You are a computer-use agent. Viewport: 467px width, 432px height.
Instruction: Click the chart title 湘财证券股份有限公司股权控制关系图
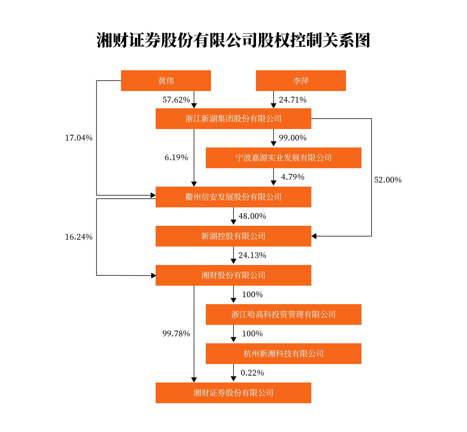coord(233,40)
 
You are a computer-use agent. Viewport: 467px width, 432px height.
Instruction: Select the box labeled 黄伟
coord(166,81)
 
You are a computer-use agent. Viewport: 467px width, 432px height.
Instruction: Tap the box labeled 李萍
coord(301,81)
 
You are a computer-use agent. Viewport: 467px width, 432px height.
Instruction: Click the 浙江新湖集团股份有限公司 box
coord(233,119)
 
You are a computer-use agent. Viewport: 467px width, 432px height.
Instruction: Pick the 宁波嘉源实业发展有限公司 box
coord(283,158)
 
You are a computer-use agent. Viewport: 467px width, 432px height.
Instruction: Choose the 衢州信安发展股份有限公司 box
coord(233,197)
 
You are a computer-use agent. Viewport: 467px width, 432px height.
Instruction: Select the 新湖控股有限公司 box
coord(233,236)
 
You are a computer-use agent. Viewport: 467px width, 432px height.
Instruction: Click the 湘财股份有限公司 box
coord(233,275)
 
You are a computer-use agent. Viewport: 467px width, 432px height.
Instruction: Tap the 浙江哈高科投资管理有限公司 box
coord(283,314)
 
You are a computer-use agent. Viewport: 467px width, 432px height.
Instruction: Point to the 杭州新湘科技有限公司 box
coord(283,354)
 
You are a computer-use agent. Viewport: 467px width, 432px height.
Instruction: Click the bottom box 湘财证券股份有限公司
coord(233,393)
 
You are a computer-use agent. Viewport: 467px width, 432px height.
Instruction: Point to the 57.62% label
coord(176,100)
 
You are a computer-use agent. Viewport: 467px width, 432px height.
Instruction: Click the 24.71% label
coord(292,100)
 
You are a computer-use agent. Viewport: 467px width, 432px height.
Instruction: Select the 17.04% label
coord(78,138)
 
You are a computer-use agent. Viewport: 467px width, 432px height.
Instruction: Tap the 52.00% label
coord(387,180)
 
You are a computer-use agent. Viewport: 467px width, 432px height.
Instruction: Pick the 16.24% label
coord(78,237)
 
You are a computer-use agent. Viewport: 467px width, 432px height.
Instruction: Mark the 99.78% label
coord(176,334)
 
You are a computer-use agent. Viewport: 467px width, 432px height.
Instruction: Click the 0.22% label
coord(252,373)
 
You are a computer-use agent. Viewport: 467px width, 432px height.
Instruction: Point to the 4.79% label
coord(292,177)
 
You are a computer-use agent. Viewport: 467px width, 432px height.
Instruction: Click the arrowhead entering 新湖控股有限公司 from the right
coord(314,236)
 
